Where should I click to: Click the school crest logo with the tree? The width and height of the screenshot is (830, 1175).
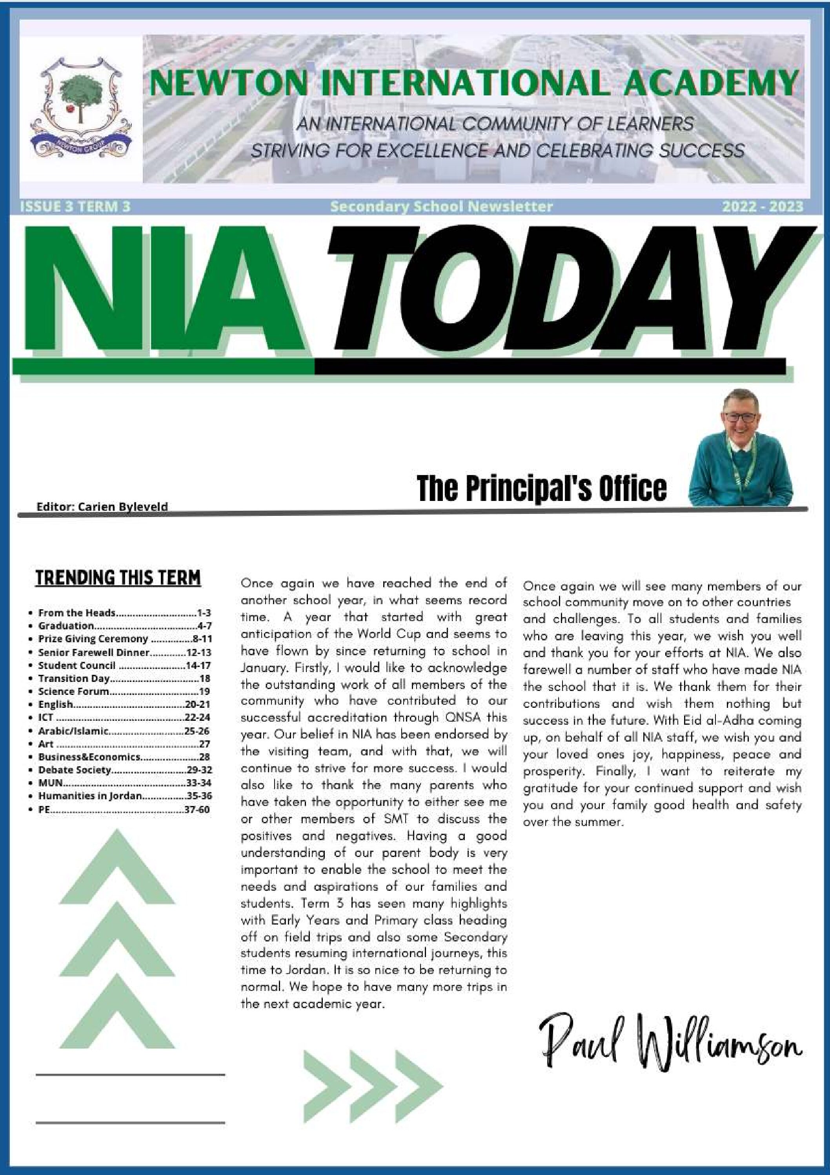[81, 108]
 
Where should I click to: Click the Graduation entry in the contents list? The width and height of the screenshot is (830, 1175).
[66, 625]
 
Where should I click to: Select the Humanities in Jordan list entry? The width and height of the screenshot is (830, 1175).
[90, 796]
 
